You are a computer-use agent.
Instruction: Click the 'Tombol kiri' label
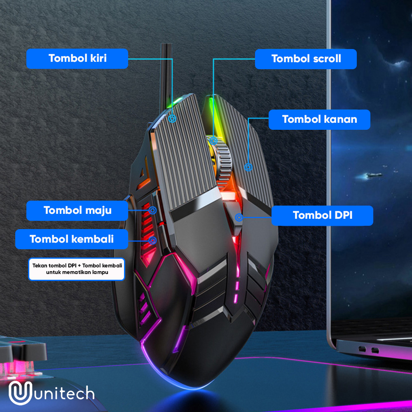pyautogui.click(x=77, y=59)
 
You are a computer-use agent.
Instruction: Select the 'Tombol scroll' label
pyautogui.click(x=306, y=59)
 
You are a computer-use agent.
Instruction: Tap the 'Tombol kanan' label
pyautogui.click(x=319, y=119)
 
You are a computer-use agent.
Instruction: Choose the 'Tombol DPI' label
pyautogui.click(x=322, y=215)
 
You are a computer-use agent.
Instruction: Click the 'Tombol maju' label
pyautogui.click(x=77, y=211)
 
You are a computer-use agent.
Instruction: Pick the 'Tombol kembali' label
pyautogui.click(x=72, y=239)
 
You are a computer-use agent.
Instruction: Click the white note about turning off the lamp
pyautogui.click(x=77, y=269)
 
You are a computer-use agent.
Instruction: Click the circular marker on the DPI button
pyautogui.click(x=239, y=218)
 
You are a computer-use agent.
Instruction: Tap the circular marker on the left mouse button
pyautogui.click(x=172, y=119)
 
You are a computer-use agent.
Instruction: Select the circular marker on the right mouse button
pyautogui.click(x=248, y=167)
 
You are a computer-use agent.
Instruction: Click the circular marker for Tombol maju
pyautogui.click(x=153, y=210)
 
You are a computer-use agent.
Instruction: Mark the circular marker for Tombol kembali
pyautogui.click(x=152, y=241)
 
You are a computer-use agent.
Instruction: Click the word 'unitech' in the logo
pyautogui.click(x=64, y=393)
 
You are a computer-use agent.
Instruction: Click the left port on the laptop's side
pyautogui.click(x=362, y=349)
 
